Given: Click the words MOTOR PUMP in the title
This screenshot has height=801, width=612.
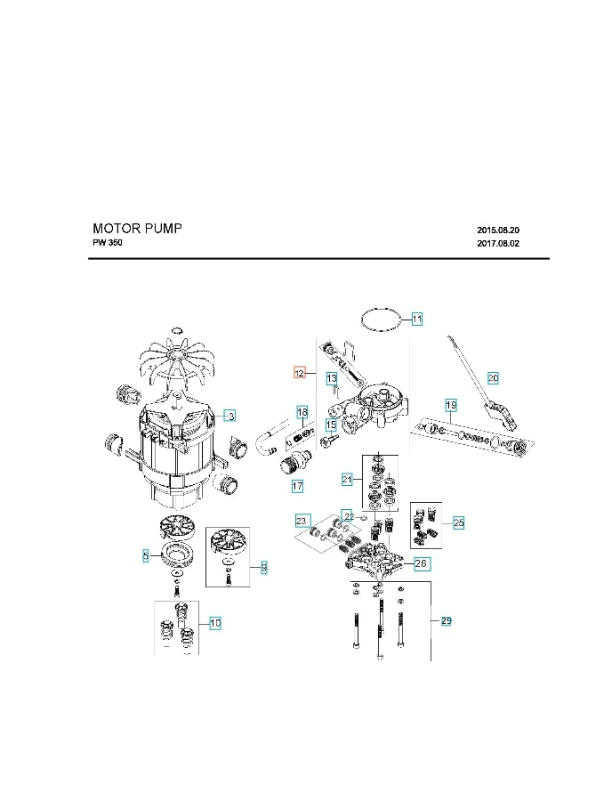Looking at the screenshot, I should pos(137,229).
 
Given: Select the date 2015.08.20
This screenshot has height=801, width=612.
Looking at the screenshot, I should pos(498,230).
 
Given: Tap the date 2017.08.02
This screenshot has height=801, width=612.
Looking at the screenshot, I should pos(498,244).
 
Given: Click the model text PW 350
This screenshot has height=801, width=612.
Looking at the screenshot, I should pos(108,244).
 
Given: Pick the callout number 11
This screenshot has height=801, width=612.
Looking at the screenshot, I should pos(417,318).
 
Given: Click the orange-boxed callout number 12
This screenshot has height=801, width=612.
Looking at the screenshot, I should pos(300,373).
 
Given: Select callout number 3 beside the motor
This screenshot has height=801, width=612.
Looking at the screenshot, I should pos(229,416).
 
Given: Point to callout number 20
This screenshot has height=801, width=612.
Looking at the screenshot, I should pos(493,377).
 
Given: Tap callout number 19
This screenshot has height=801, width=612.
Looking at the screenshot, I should pos(451,406).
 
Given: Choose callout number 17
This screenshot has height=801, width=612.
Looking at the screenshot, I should pos(298,486).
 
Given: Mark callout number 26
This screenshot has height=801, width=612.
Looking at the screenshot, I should pos(422,563).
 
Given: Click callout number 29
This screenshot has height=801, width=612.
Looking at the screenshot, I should pos(447,620).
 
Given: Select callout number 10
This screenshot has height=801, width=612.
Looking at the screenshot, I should pos(215,623).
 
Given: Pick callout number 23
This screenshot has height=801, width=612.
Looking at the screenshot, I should pos(302,521).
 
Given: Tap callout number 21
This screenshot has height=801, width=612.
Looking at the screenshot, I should pos(348,480).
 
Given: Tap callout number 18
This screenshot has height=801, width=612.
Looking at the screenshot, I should pos(302,413).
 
